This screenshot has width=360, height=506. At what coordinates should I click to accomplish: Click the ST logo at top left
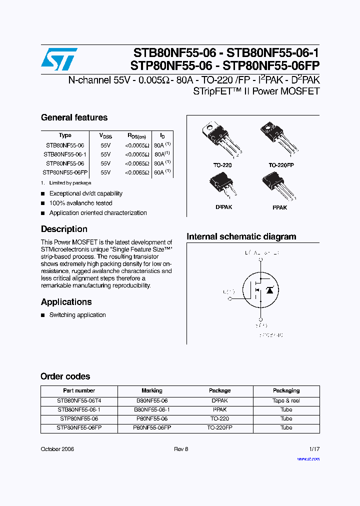click(x=58, y=59)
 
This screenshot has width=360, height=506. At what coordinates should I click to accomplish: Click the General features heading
click(x=74, y=118)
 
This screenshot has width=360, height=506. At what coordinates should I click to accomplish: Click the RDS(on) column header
click(x=136, y=135)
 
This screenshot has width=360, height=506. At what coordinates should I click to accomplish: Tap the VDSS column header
click(x=105, y=135)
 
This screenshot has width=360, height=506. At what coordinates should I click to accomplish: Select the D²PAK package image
click(x=223, y=185)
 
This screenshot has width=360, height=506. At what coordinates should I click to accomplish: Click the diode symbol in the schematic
click(x=269, y=290)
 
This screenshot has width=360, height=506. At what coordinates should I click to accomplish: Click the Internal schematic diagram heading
click(x=241, y=237)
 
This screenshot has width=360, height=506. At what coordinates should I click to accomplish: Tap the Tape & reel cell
click(x=286, y=400)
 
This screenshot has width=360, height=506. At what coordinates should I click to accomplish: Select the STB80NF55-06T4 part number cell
click(x=79, y=400)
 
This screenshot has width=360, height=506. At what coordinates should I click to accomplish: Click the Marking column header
click(x=152, y=390)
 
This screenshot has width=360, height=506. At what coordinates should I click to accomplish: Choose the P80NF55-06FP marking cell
click(x=152, y=428)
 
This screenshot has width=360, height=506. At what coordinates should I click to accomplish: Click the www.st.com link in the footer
click(x=308, y=458)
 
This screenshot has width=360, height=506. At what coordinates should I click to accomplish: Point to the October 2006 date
click(x=57, y=449)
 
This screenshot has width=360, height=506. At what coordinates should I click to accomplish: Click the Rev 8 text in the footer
click(x=180, y=449)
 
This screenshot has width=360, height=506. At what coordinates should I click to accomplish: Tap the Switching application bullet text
click(x=77, y=315)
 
